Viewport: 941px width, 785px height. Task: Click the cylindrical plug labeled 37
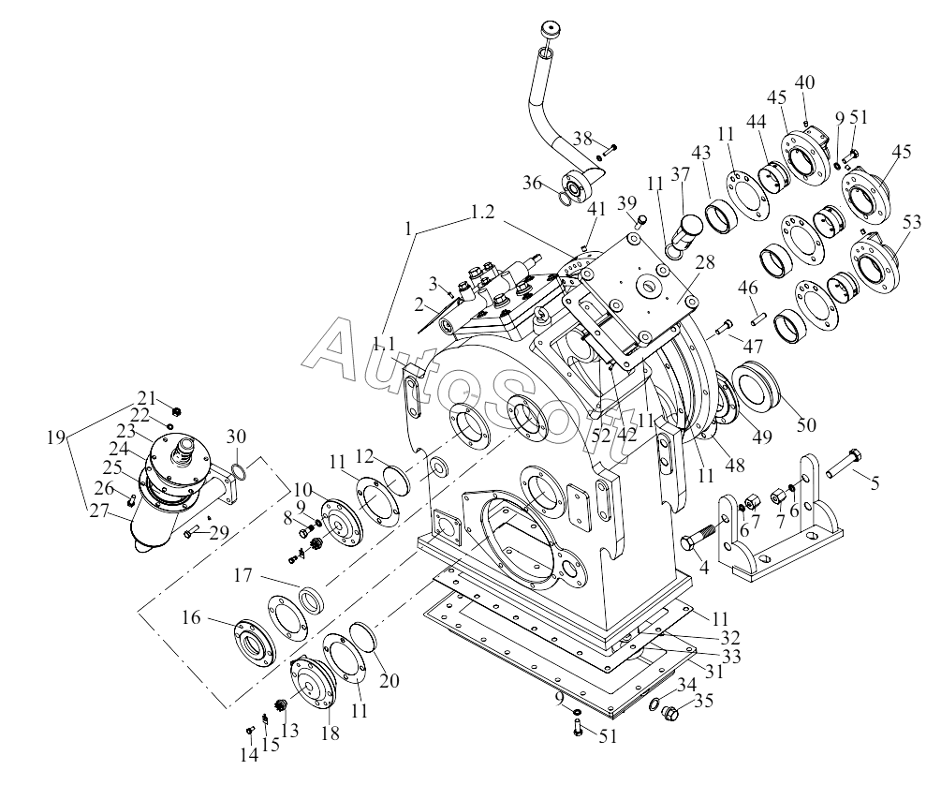coord(690,230)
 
